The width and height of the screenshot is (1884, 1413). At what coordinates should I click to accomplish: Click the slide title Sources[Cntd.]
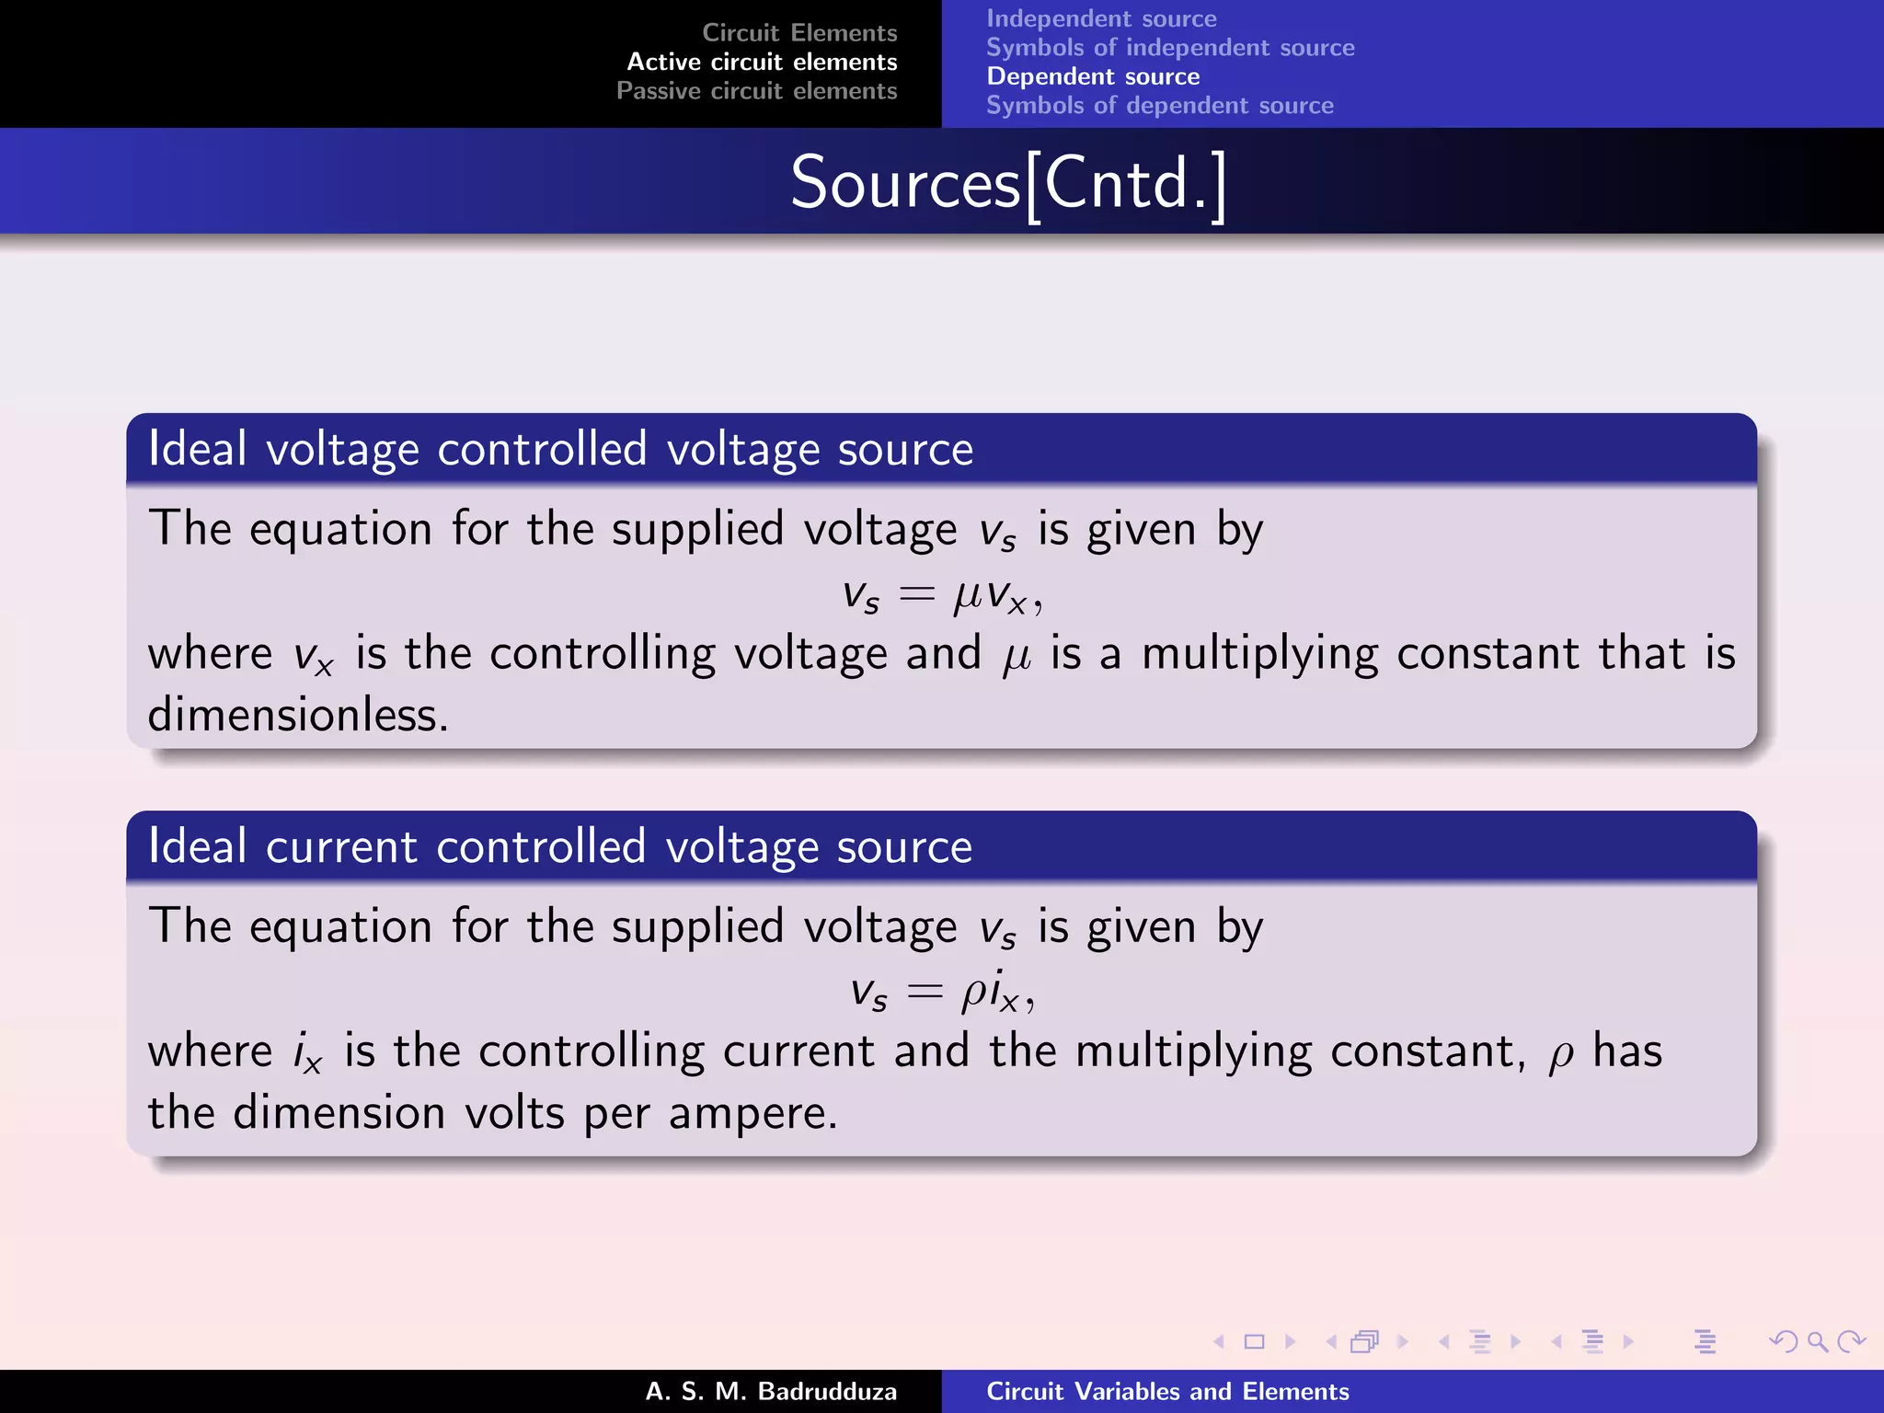click(x=1008, y=183)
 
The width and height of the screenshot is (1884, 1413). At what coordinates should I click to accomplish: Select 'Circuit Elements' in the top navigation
click(x=799, y=33)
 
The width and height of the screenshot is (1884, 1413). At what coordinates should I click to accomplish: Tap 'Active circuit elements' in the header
click(x=762, y=62)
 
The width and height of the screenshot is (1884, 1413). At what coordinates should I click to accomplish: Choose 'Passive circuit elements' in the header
click(x=756, y=91)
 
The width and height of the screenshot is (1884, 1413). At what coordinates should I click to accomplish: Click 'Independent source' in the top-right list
click(x=1101, y=18)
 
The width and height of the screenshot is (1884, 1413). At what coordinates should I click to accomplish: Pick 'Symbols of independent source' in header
click(x=1170, y=48)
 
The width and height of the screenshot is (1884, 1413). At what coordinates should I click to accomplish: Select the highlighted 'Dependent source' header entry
click(x=1093, y=76)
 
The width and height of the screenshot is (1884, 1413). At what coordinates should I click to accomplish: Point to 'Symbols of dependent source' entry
click(x=1159, y=106)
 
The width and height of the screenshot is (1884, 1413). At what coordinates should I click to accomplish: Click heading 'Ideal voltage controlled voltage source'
click(x=560, y=449)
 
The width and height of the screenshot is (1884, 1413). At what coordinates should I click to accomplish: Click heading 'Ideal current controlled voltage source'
click(x=560, y=846)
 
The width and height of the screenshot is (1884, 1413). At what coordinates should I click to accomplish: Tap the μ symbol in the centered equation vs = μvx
click(x=969, y=597)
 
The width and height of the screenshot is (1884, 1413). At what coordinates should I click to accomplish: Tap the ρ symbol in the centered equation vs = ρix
click(x=974, y=994)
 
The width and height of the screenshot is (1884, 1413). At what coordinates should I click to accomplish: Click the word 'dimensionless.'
click(x=298, y=715)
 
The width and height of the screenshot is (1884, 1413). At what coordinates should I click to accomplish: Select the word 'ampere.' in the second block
click(x=752, y=1113)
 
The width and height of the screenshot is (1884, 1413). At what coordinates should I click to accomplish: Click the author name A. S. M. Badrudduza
click(x=771, y=1391)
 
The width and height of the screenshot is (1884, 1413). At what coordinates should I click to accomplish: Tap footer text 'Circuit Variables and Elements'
click(x=1167, y=1391)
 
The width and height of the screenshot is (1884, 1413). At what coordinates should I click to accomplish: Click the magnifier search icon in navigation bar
click(x=1817, y=1342)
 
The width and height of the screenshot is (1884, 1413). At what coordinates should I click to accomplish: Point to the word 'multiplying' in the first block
click(x=1259, y=654)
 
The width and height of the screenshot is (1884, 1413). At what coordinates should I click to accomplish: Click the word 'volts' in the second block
click(x=514, y=1113)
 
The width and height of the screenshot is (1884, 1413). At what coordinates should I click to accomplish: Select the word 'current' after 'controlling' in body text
click(x=798, y=1051)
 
